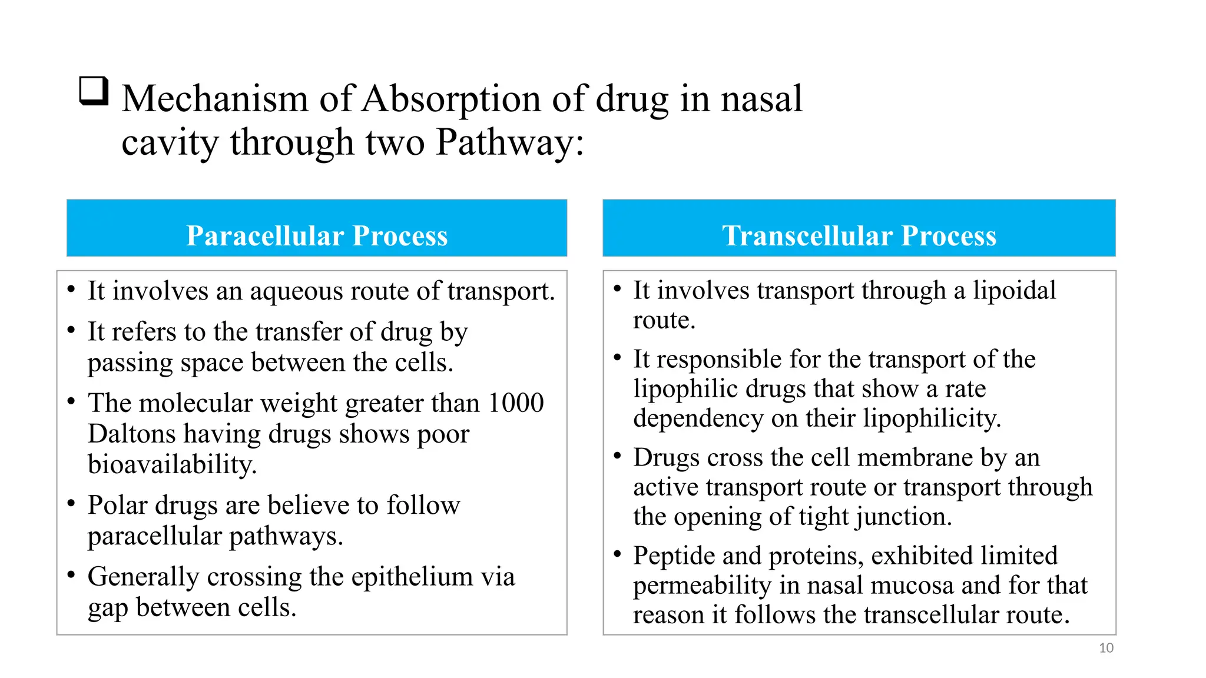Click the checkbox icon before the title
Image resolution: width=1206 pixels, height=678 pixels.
pyautogui.click(x=94, y=91)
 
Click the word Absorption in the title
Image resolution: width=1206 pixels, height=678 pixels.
pyautogui.click(x=450, y=99)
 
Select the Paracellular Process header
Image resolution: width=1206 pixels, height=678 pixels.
pyautogui.click(x=317, y=235)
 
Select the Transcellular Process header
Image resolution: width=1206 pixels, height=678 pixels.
pyautogui.click(x=859, y=235)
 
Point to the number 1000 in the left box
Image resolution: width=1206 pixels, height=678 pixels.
pyautogui.click(x=516, y=403)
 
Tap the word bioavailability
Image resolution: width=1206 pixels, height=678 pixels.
pyautogui.click(x=172, y=465)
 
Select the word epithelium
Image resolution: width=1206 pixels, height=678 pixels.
pyautogui.click(x=412, y=577)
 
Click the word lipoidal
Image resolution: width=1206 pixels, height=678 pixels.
pyautogui.click(x=1014, y=291)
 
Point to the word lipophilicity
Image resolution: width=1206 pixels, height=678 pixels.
pyautogui.click(x=932, y=418)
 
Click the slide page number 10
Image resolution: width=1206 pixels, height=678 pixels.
pyautogui.click(x=1106, y=648)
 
